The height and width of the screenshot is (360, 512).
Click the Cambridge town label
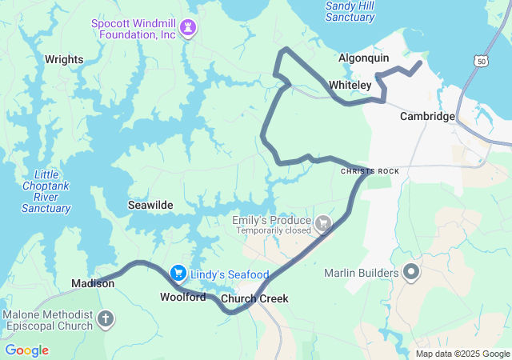click(x=427, y=117)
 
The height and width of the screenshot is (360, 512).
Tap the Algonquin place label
click(x=363, y=58)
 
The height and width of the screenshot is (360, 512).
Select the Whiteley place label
click(x=350, y=85)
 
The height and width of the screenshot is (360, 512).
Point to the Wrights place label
click(x=64, y=59)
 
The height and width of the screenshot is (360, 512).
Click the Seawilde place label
click(x=150, y=206)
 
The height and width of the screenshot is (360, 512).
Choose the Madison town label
click(x=93, y=283)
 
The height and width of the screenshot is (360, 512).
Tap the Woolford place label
click(x=182, y=297)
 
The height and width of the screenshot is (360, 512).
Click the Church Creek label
click(x=254, y=299)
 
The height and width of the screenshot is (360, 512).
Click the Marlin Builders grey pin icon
click(x=412, y=274)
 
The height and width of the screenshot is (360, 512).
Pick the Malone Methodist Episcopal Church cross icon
click(x=105, y=321)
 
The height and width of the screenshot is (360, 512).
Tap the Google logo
click(x=26, y=350)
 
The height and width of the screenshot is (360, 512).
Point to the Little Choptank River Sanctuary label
click(x=46, y=192)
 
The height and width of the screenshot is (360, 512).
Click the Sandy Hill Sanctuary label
click(x=350, y=11)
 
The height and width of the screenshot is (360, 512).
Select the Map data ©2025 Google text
click(x=462, y=354)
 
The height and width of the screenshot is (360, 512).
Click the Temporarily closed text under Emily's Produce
click(x=273, y=231)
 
